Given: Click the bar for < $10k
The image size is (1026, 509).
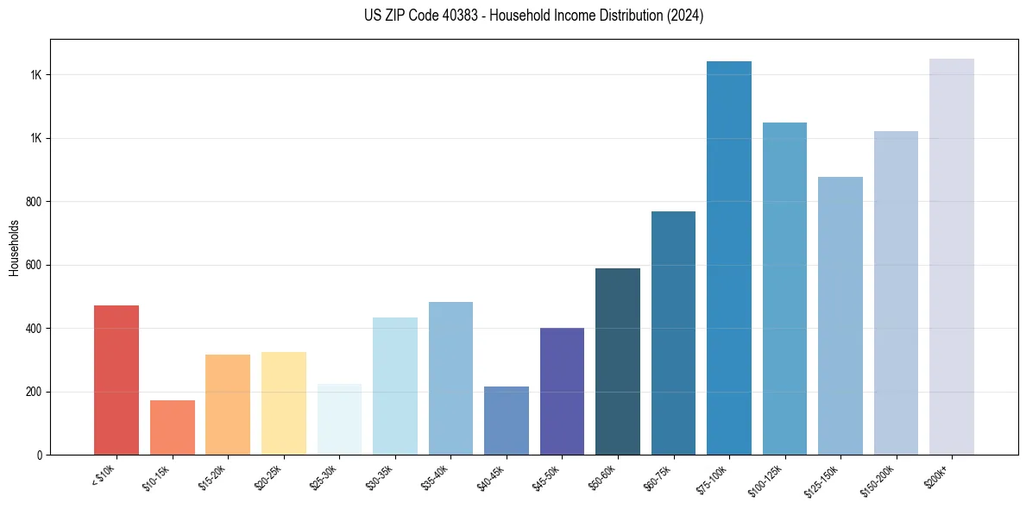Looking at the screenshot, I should pos(116,380).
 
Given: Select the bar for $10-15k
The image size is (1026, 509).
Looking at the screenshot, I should pos(172,427).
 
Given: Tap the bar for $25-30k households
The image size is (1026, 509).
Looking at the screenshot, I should pos(339,419).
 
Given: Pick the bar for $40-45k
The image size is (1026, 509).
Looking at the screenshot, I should pos(506,420).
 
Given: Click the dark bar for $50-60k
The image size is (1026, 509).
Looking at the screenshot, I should pos(617,361).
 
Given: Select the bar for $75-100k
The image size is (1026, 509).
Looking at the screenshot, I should pos(728,258).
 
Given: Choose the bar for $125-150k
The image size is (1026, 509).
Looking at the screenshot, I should pos(840,316).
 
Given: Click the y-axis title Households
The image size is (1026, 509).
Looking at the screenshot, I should pos(14,247).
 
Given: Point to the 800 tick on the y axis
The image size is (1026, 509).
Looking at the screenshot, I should pos(35,202).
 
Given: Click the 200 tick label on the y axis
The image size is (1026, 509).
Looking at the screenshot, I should pos(35,392).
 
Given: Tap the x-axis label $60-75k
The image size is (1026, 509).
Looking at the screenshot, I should pos(660,477).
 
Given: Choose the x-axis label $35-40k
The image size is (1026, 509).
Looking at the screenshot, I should pos(437,477).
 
